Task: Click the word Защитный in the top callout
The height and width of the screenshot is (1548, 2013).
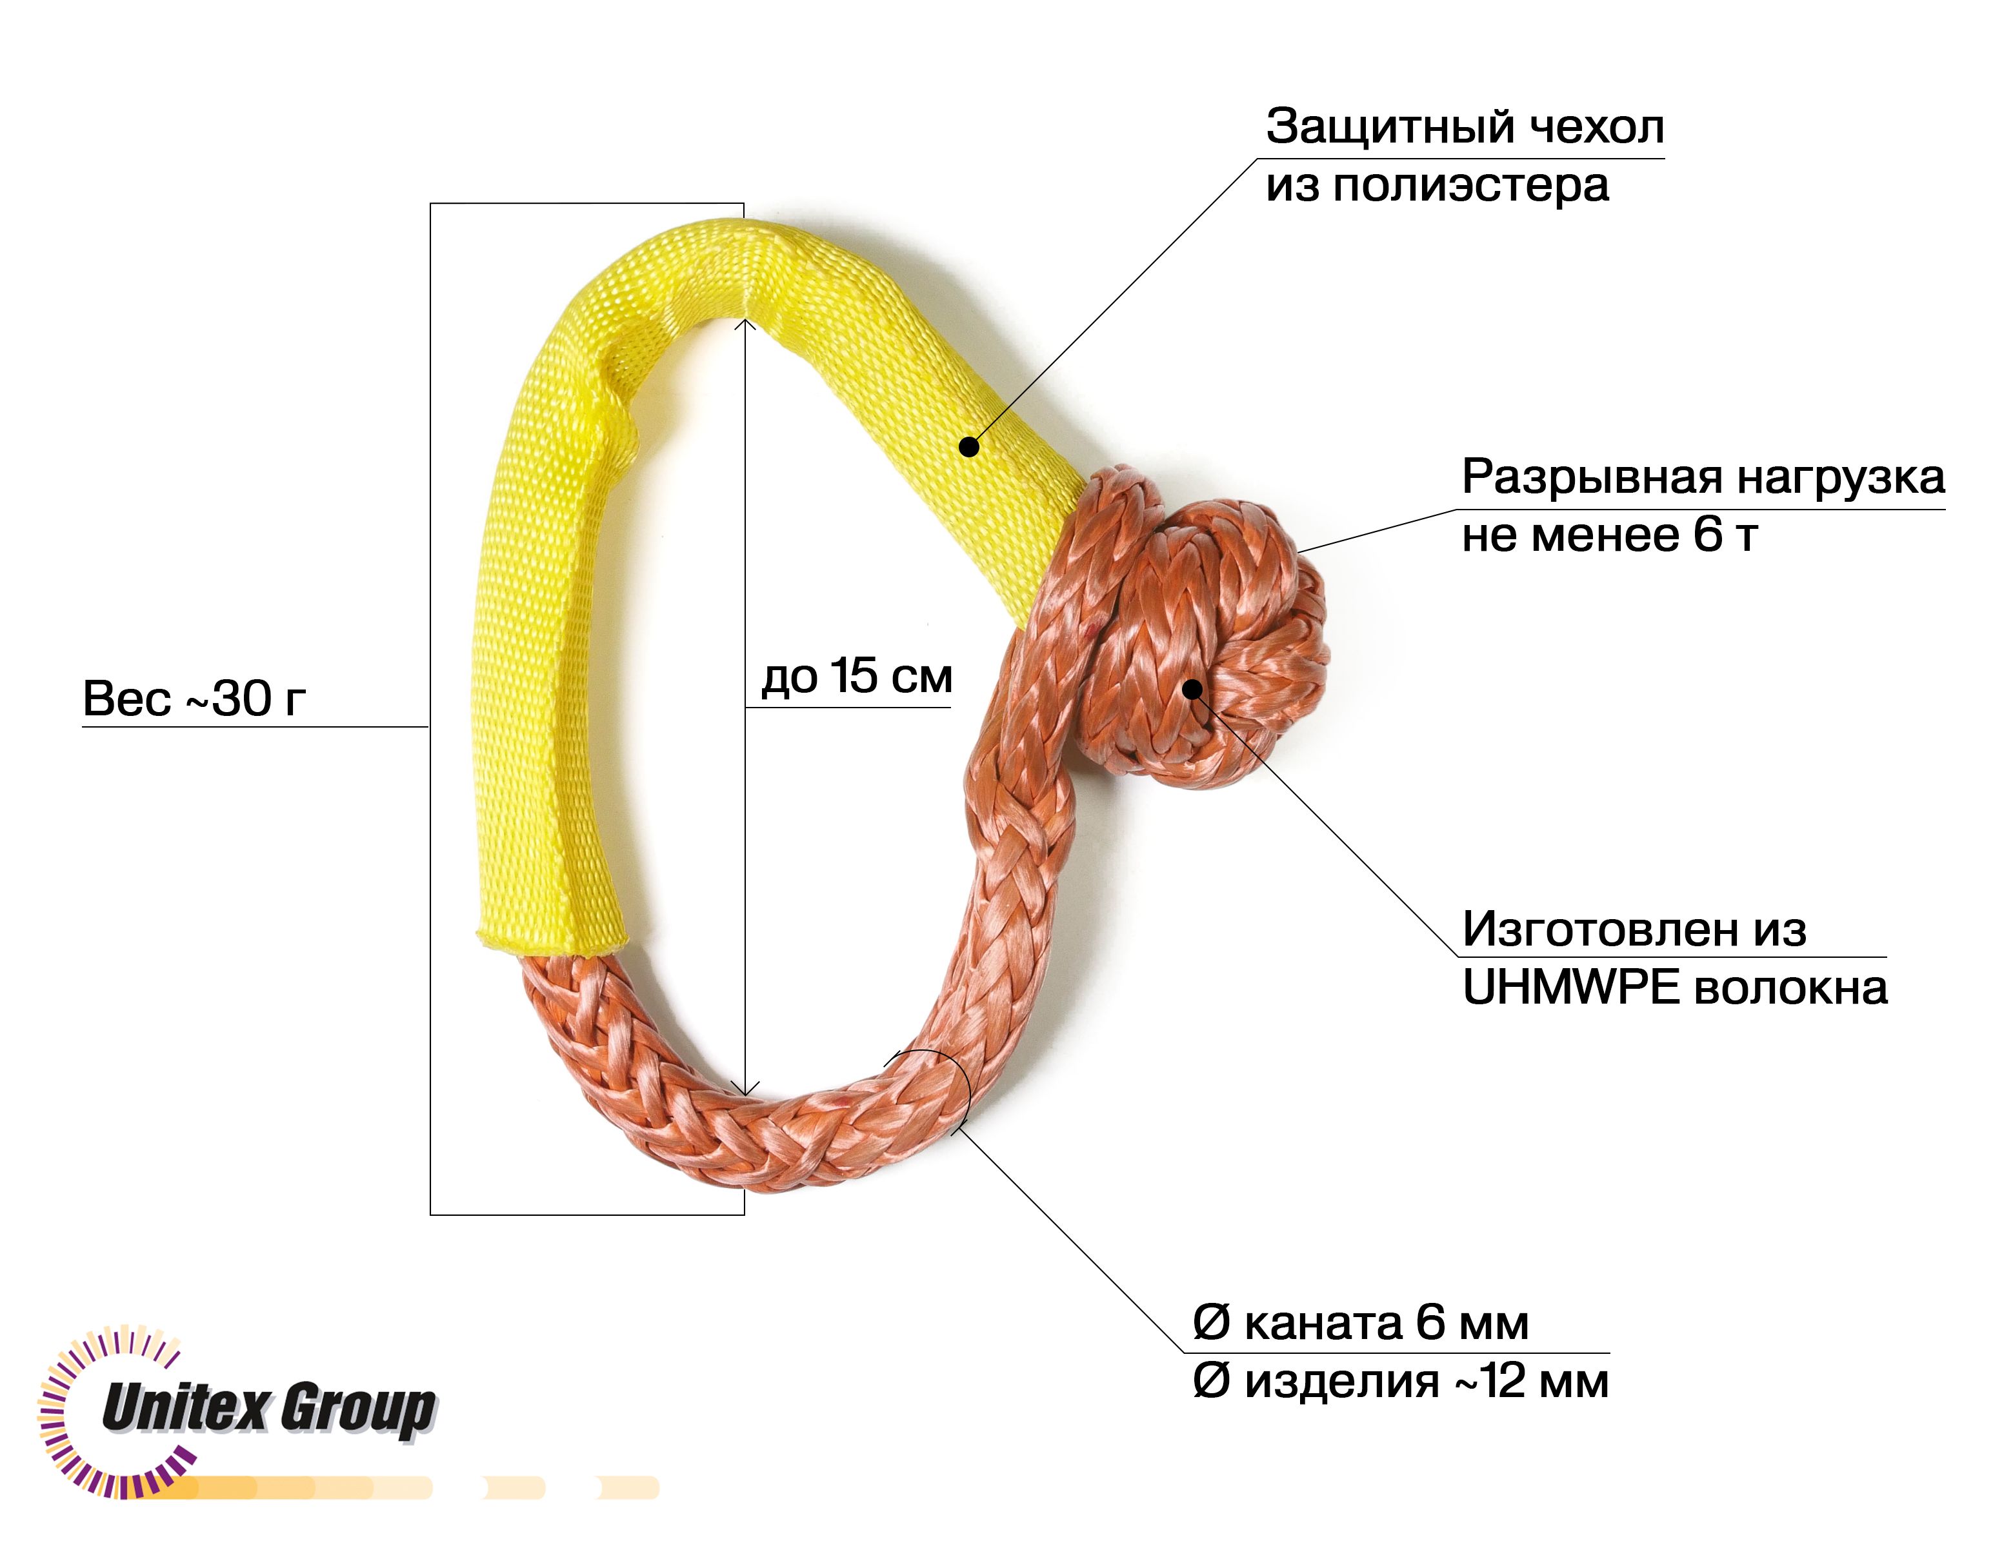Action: tap(1389, 128)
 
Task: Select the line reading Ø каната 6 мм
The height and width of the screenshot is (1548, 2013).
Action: tap(1361, 1324)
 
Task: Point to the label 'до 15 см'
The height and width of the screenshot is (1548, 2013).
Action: tap(856, 677)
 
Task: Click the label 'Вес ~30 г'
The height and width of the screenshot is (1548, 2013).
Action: tap(194, 699)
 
